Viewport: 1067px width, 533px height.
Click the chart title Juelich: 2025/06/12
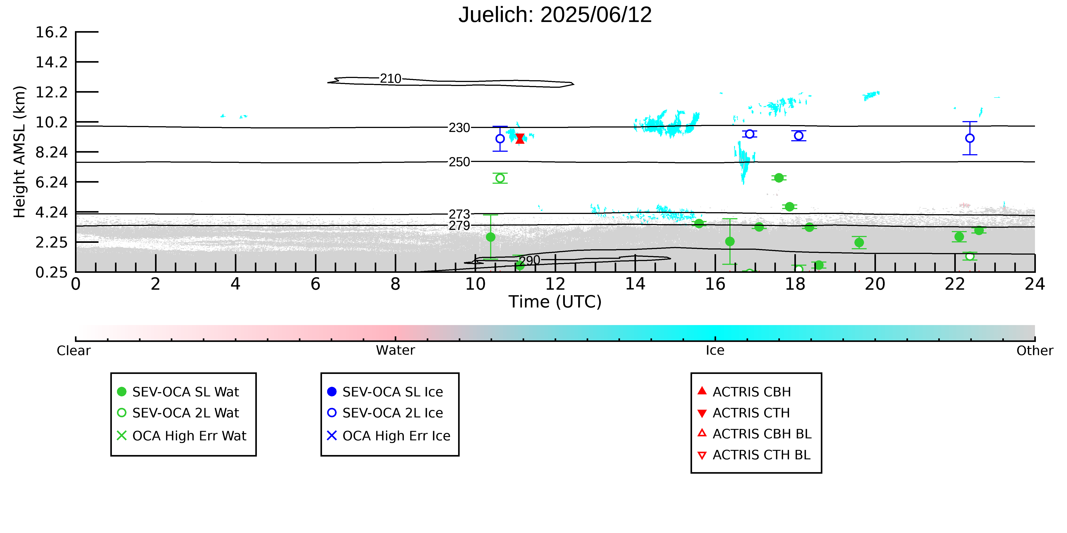point(555,15)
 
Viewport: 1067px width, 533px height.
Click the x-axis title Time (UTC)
point(555,302)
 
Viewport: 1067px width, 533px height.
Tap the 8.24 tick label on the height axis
point(51,152)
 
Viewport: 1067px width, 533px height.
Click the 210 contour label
point(391,79)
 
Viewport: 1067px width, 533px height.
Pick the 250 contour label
point(459,162)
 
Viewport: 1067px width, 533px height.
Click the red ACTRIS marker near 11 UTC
point(520,139)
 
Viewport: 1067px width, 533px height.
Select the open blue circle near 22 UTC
point(970,138)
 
